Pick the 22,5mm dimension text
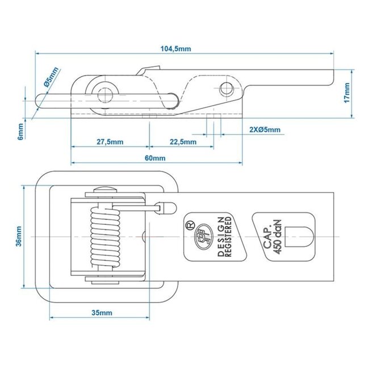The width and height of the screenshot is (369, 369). coord(183,141)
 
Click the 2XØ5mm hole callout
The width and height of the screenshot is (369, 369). coord(265,130)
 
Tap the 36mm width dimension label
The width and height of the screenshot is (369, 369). coord(19,236)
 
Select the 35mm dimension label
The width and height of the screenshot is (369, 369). coord(101,312)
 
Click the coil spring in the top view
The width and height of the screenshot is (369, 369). coord(106,235)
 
